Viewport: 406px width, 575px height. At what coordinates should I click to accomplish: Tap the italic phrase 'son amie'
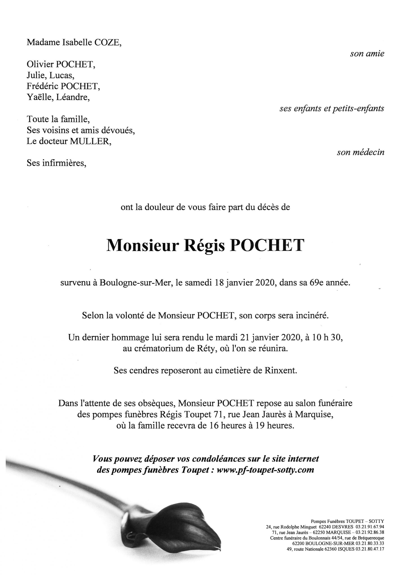coord(367,54)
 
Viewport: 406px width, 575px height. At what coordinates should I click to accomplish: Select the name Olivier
coord(40,65)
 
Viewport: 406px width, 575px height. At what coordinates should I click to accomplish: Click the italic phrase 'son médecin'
coord(360,153)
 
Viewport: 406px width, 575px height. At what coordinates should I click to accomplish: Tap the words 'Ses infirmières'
coord(56,163)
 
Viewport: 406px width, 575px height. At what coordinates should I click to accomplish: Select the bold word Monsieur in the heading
coord(143,246)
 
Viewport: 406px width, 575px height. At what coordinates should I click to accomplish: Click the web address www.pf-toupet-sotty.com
coord(265,470)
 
